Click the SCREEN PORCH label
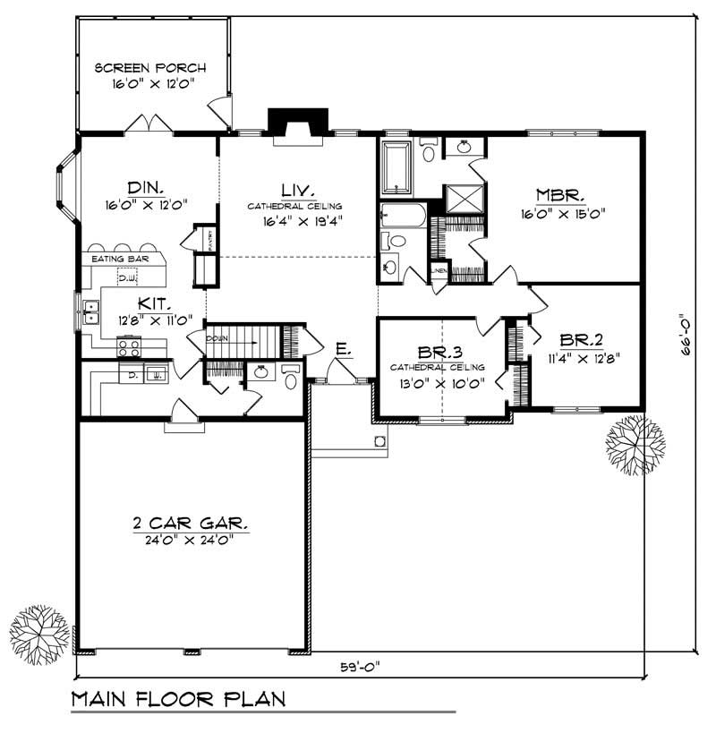pyautogui.click(x=150, y=67)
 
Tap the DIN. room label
pyautogui.click(x=144, y=188)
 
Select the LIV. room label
pyautogui.click(x=296, y=191)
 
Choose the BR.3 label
pyautogui.click(x=437, y=352)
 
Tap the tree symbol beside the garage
pyautogui.click(x=39, y=632)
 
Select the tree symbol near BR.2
pyautogui.click(x=635, y=445)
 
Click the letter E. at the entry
pyautogui.click(x=341, y=347)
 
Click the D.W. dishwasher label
pyautogui.click(x=127, y=278)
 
